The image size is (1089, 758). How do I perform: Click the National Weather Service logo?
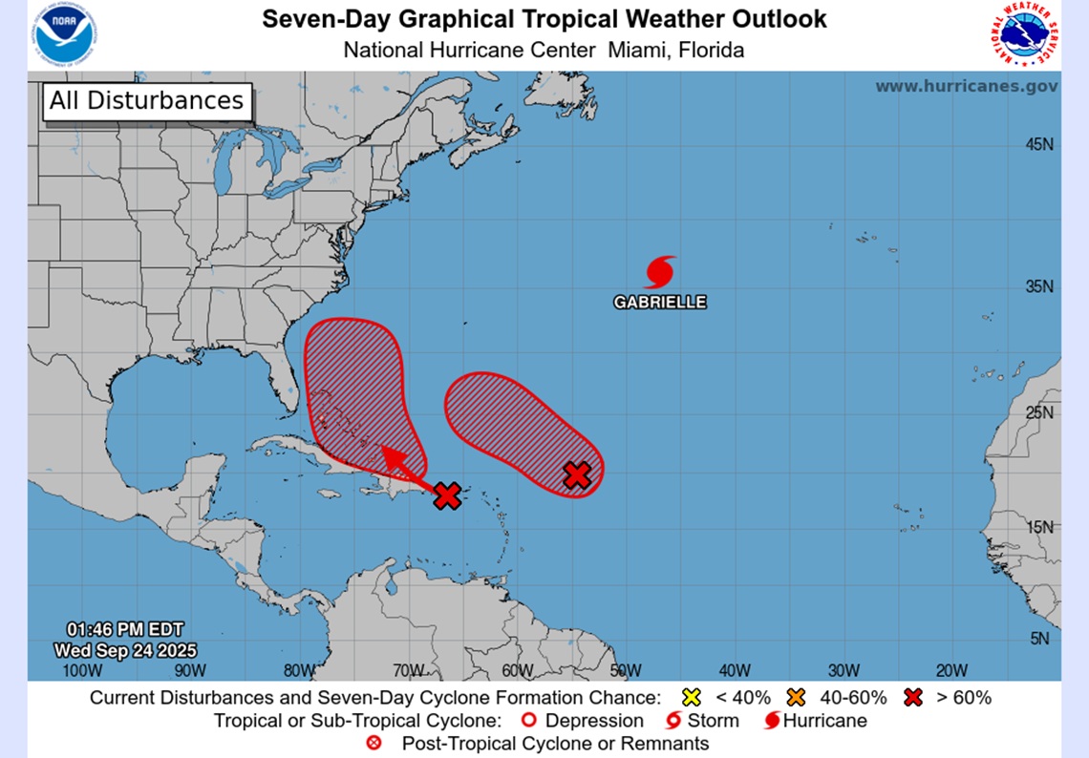click(x=1025, y=35)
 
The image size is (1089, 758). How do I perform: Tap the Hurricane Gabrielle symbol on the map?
click(x=660, y=272)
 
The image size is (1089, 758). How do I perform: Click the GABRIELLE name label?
click(x=660, y=302)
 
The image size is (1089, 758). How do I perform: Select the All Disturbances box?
click(x=146, y=101)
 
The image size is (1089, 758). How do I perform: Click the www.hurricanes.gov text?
click(x=966, y=86)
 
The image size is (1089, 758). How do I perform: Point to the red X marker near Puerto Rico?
click(x=447, y=495)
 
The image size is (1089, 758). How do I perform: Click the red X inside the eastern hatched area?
click(x=576, y=474)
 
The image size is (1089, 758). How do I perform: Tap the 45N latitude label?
click(x=1038, y=145)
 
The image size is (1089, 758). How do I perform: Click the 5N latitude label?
click(x=1040, y=639)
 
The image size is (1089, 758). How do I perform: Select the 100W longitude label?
click(x=80, y=670)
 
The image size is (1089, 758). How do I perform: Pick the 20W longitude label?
click(x=951, y=670)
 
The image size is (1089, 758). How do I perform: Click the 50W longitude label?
click(x=625, y=670)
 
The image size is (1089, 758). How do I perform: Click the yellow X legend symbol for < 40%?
click(x=692, y=698)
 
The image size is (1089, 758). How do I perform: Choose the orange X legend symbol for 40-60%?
click(x=796, y=698)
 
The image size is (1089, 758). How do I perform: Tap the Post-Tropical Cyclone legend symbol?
click(x=375, y=743)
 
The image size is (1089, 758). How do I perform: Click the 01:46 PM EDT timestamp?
click(x=125, y=629)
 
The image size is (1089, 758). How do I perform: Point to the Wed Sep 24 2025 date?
click(x=125, y=650)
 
